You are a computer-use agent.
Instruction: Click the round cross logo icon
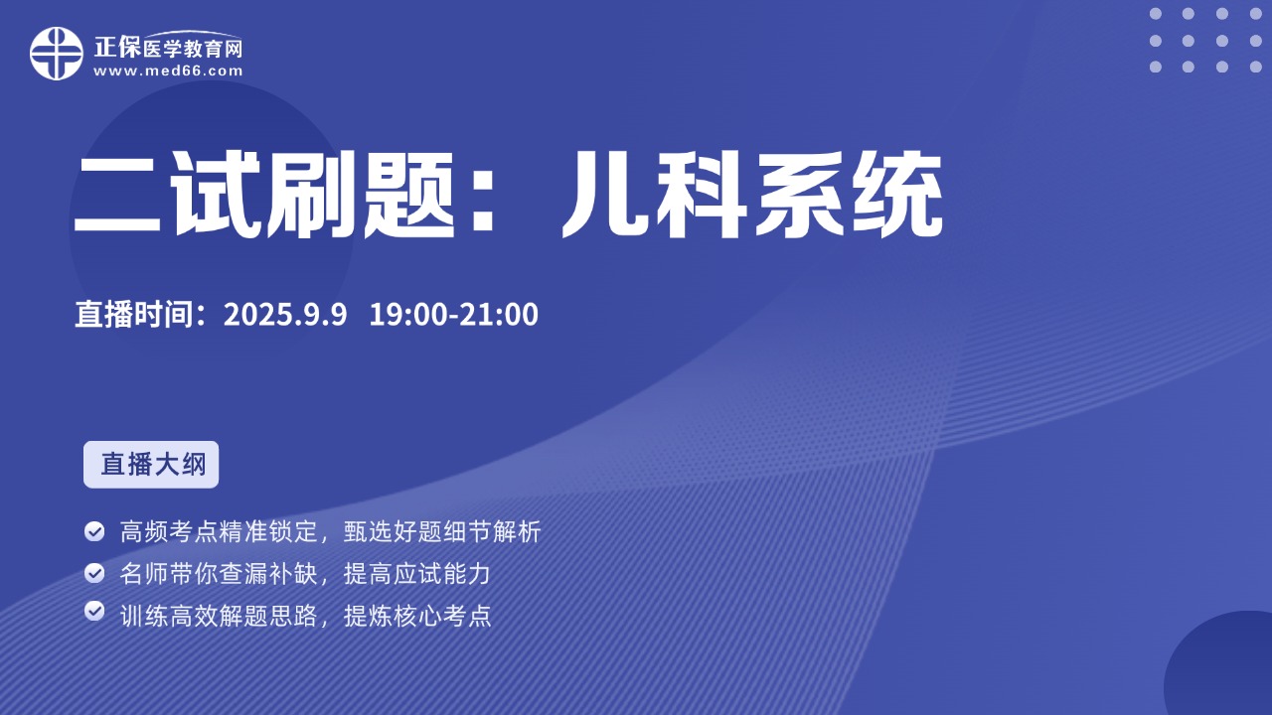click(57, 54)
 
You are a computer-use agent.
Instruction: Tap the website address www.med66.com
click(168, 71)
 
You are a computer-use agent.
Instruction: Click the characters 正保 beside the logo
click(117, 47)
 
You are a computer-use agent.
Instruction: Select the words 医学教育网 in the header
click(193, 50)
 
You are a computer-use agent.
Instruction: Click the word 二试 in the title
click(167, 195)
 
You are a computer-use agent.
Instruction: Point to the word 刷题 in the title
click(361, 195)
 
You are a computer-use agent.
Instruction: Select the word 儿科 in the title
click(654, 195)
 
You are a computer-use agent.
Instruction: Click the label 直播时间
click(134, 314)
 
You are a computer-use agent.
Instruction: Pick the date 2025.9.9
click(285, 315)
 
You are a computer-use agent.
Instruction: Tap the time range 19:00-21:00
click(454, 315)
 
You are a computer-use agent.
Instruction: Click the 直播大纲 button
click(151, 464)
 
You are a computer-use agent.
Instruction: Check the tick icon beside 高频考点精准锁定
click(94, 531)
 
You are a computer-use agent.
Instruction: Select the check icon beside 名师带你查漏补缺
click(94, 573)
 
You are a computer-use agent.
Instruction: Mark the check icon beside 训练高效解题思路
click(94, 611)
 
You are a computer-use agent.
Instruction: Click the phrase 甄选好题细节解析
click(442, 531)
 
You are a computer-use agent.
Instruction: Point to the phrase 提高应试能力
click(417, 574)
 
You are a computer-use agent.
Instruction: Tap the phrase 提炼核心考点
click(417, 616)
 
